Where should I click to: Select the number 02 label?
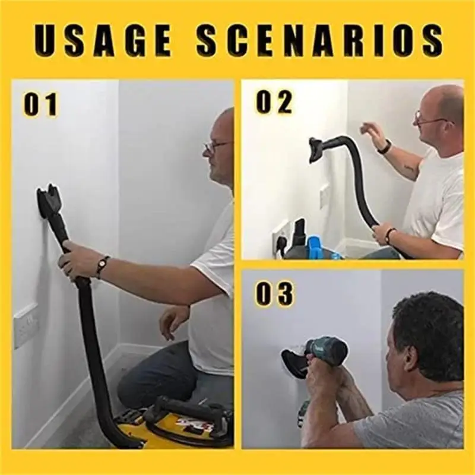pos(274,102)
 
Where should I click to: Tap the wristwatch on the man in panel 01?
pos(103,266)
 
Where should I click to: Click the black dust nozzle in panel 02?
pos(318,148)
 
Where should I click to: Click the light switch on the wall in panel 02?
pos(324,195)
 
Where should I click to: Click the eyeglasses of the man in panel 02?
pos(430,121)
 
